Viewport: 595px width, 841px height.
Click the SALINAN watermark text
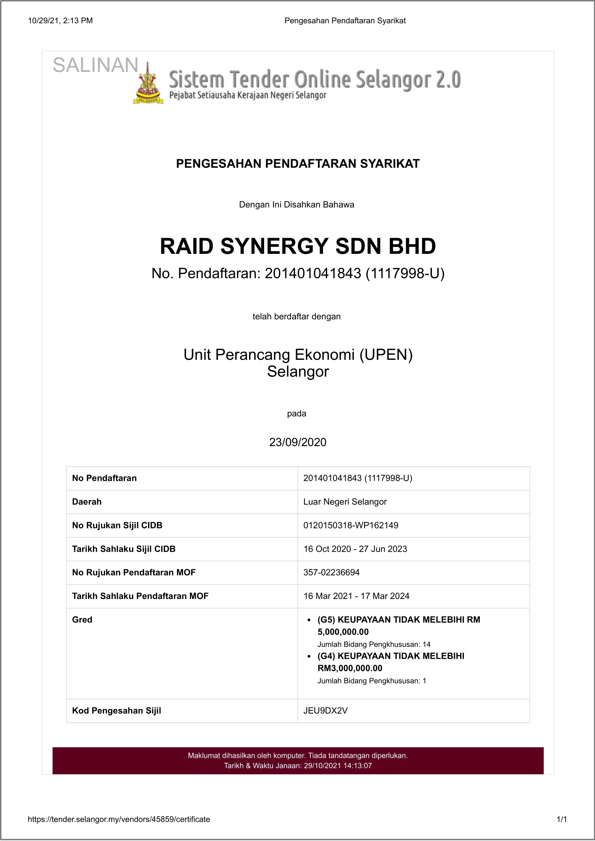tap(95, 66)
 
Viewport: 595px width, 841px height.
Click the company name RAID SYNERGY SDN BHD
tap(298, 246)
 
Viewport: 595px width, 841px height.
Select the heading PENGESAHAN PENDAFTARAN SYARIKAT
tap(298, 164)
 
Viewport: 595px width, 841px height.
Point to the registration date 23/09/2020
tap(298, 443)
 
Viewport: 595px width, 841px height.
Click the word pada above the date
tap(296, 414)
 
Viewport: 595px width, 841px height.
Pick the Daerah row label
tap(87, 502)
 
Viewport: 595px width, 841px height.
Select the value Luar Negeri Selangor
tap(345, 502)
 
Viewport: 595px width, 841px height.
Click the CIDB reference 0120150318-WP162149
tap(351, 525)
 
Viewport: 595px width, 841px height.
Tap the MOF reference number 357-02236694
tap(332, 572)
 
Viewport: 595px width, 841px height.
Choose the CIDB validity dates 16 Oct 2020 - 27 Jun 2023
tap(355, 549)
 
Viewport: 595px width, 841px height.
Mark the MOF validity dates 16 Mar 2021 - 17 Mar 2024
tap(356, 596)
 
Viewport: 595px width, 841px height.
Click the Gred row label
tap(82, 620)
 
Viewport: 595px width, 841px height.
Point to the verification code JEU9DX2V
tap(325, 711)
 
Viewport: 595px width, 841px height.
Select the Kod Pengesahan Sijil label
tap(116, 711)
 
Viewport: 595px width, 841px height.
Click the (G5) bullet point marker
tap(309, 620)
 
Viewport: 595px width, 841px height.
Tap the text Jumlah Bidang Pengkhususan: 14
tap(374, 644)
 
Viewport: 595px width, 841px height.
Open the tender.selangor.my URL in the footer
tap(119, 820)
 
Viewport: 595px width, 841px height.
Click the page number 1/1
tap(562, 820)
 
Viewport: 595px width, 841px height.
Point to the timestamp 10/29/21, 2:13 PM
tap(61, 21)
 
